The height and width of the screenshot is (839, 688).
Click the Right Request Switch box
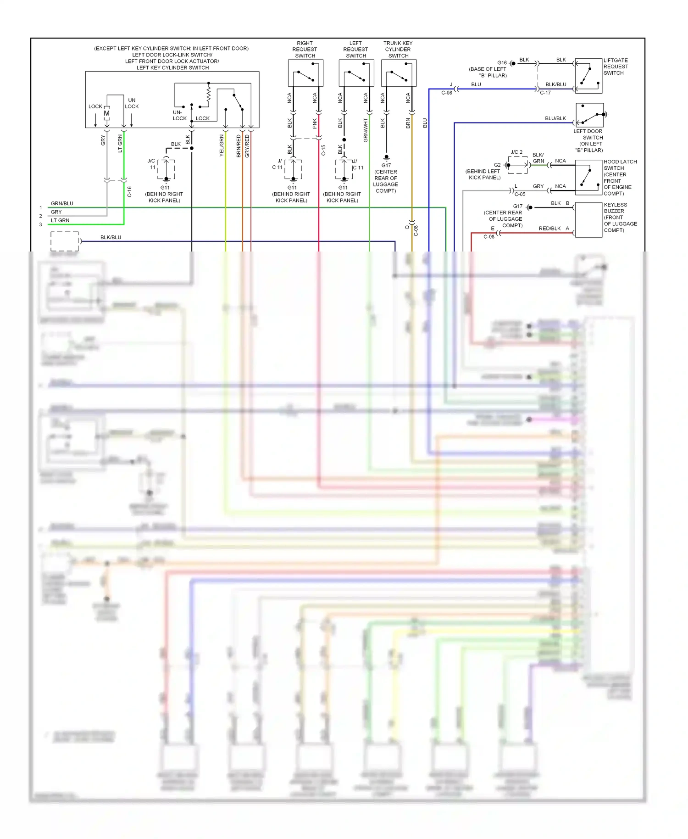(305, 73)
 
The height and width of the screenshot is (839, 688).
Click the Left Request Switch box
(356, 73)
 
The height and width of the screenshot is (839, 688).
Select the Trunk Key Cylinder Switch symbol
(399, 73)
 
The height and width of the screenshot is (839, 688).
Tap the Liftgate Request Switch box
(588, 76)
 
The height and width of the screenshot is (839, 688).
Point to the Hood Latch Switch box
(588, 177)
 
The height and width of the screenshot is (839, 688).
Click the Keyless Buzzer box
(588, 219)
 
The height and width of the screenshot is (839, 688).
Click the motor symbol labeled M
(107, 113)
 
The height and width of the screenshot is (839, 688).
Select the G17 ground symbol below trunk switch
(386, 158)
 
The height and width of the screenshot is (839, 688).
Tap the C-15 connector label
(323, 150)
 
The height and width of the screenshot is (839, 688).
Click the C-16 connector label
(129, 191)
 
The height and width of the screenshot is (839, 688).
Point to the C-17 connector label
(545, 93)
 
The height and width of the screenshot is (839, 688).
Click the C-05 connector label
(520, 194)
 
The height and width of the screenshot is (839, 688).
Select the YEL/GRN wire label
(222, 145)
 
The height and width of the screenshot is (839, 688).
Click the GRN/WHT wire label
(366, 130)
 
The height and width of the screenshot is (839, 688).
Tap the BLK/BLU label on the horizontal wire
(111, 237)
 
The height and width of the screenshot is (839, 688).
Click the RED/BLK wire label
(549, 229)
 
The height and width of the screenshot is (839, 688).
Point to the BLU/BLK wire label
(555, 118)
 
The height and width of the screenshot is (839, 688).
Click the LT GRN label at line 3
(60, 220)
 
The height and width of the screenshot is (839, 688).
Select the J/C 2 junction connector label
(516, 152)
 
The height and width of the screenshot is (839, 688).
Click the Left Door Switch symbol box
(589, 115)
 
